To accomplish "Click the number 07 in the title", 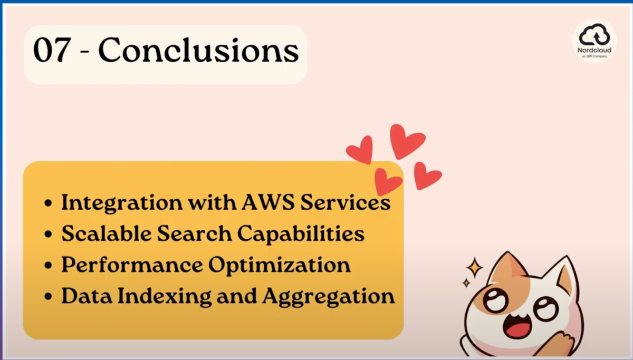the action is click(x=52, y=50).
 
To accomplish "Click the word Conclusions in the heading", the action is click(x=199, y=50).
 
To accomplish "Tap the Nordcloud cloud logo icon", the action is click(x=594, y=34).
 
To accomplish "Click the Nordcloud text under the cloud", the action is click(x=594, y=50).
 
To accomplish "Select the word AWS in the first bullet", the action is click(x=268, y=202).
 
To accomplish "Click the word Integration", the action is click(x=122, y=203).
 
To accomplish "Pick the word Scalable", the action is click(x=106, y=233).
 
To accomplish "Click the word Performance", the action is click(x=132, y=265).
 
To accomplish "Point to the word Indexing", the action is click(x=165, y=296).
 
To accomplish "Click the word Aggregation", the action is click(x=328, y=296).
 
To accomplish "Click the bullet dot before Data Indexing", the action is click(x=49, y=296).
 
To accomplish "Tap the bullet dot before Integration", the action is click(x=49, y=203).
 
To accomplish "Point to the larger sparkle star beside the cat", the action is click(x=474, y=267).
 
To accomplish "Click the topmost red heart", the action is click(x=407, y=141).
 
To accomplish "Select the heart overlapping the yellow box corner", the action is click(x=388, y=181).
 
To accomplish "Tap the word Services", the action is click(x=346, y=202).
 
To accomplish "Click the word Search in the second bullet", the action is click(x=195, y=233).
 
